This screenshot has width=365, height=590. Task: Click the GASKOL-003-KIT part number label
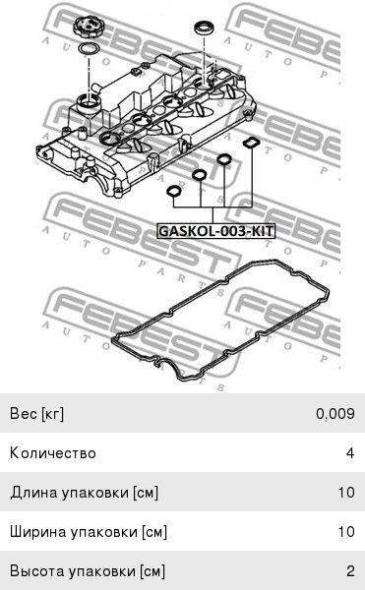tap(215, 231)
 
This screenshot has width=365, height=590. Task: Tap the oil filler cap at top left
tap(88, 28)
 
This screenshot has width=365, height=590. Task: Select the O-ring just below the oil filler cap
tap(88, 49)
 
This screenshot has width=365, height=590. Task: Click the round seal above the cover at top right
tap(205, 29)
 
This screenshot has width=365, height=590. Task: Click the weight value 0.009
tap(335, 414)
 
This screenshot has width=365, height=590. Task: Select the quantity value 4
tap(350, 452)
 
